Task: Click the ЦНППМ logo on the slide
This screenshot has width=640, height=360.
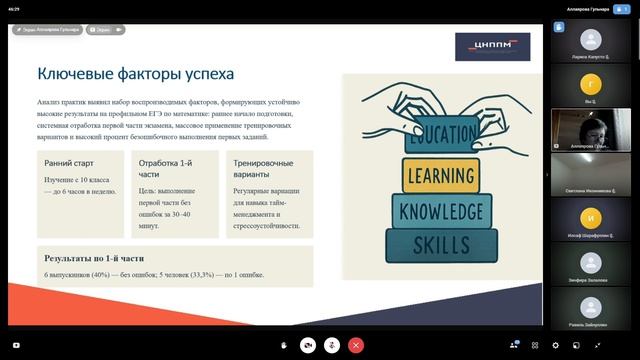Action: click(492, 46)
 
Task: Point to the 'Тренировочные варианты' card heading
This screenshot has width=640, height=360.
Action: click(262, 168)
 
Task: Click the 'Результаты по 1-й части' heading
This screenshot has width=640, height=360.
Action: click(101, 258)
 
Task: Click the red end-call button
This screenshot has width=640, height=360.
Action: click(356, 344)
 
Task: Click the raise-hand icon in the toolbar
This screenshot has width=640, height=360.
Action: click(286, 344)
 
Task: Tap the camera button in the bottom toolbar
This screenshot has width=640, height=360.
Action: click(309, 344)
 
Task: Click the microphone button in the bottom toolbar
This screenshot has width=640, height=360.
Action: click(332, 344)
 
